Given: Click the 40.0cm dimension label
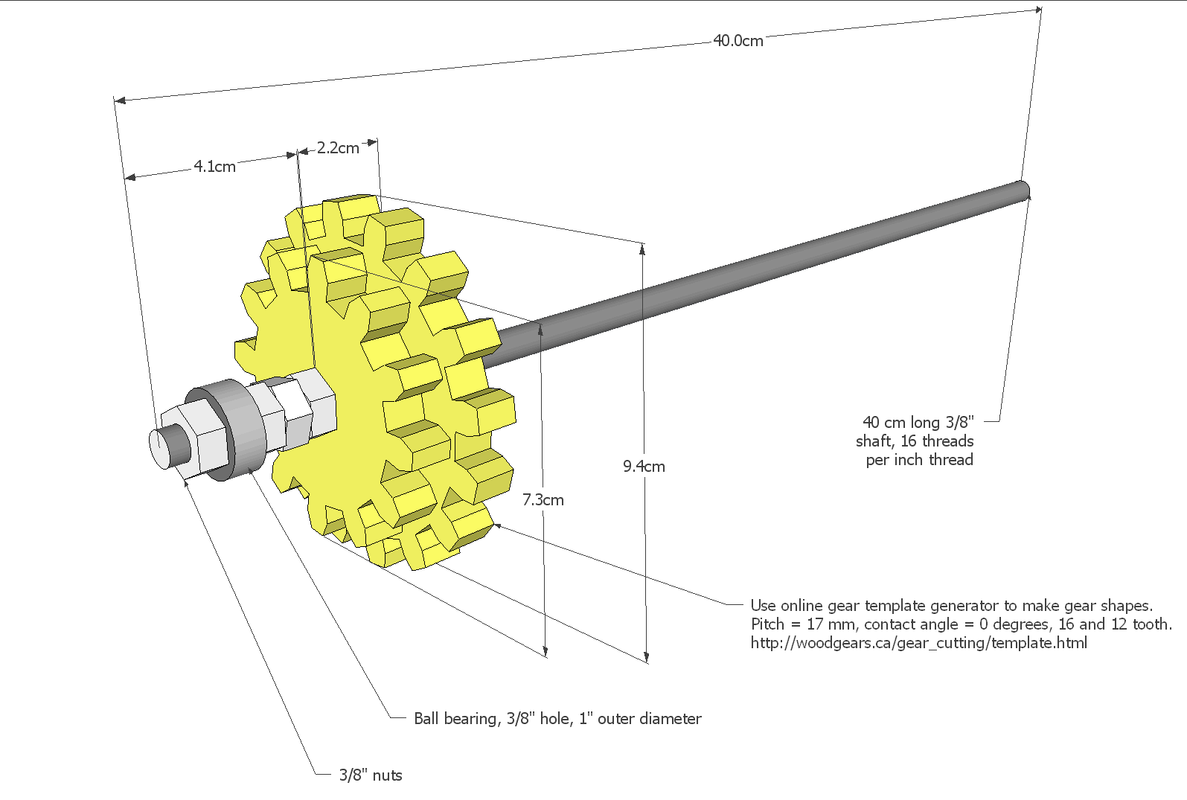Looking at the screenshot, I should click(x=738, y=41).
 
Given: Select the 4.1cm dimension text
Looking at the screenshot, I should click(x=214, y=167).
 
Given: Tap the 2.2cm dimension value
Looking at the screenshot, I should click(x=338, y=148).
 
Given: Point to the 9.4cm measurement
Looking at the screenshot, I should click(x=644, y=467).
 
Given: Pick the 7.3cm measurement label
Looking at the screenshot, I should click(x=543, y=500).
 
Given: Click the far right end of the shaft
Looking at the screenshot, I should click(x=1024, y=190).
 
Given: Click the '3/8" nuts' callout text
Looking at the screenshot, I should click(x=371, y=775).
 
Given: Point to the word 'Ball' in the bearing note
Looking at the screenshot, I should click(x=426, y=719).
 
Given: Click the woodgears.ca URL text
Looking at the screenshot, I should click(x=918, y=643).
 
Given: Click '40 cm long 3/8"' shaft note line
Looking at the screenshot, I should click(x=918, y=423).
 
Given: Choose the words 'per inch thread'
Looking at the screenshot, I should click(x=919, y=460).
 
